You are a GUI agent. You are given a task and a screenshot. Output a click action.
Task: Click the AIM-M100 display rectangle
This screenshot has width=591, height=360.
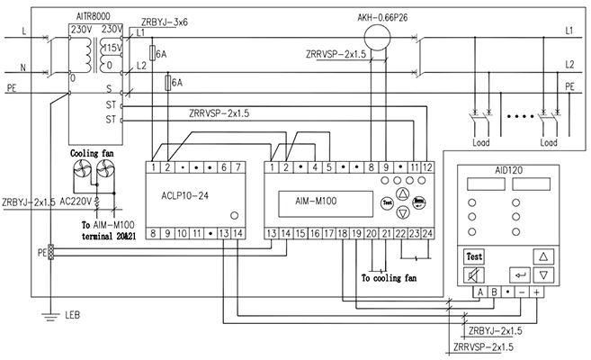324,203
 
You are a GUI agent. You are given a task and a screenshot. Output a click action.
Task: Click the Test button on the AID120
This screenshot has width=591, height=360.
475,256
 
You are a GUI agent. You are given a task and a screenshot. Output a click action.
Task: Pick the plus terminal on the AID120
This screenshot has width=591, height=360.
537,291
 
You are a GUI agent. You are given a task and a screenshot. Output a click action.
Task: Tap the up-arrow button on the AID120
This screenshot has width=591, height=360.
542,256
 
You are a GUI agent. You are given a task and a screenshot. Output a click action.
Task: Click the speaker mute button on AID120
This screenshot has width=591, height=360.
475,274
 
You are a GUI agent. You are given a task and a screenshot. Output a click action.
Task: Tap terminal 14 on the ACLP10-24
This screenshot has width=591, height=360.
237,233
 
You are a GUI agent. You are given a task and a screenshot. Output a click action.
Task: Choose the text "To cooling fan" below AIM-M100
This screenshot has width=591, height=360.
390,278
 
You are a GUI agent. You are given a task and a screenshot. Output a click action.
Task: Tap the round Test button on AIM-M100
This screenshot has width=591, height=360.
386,202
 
